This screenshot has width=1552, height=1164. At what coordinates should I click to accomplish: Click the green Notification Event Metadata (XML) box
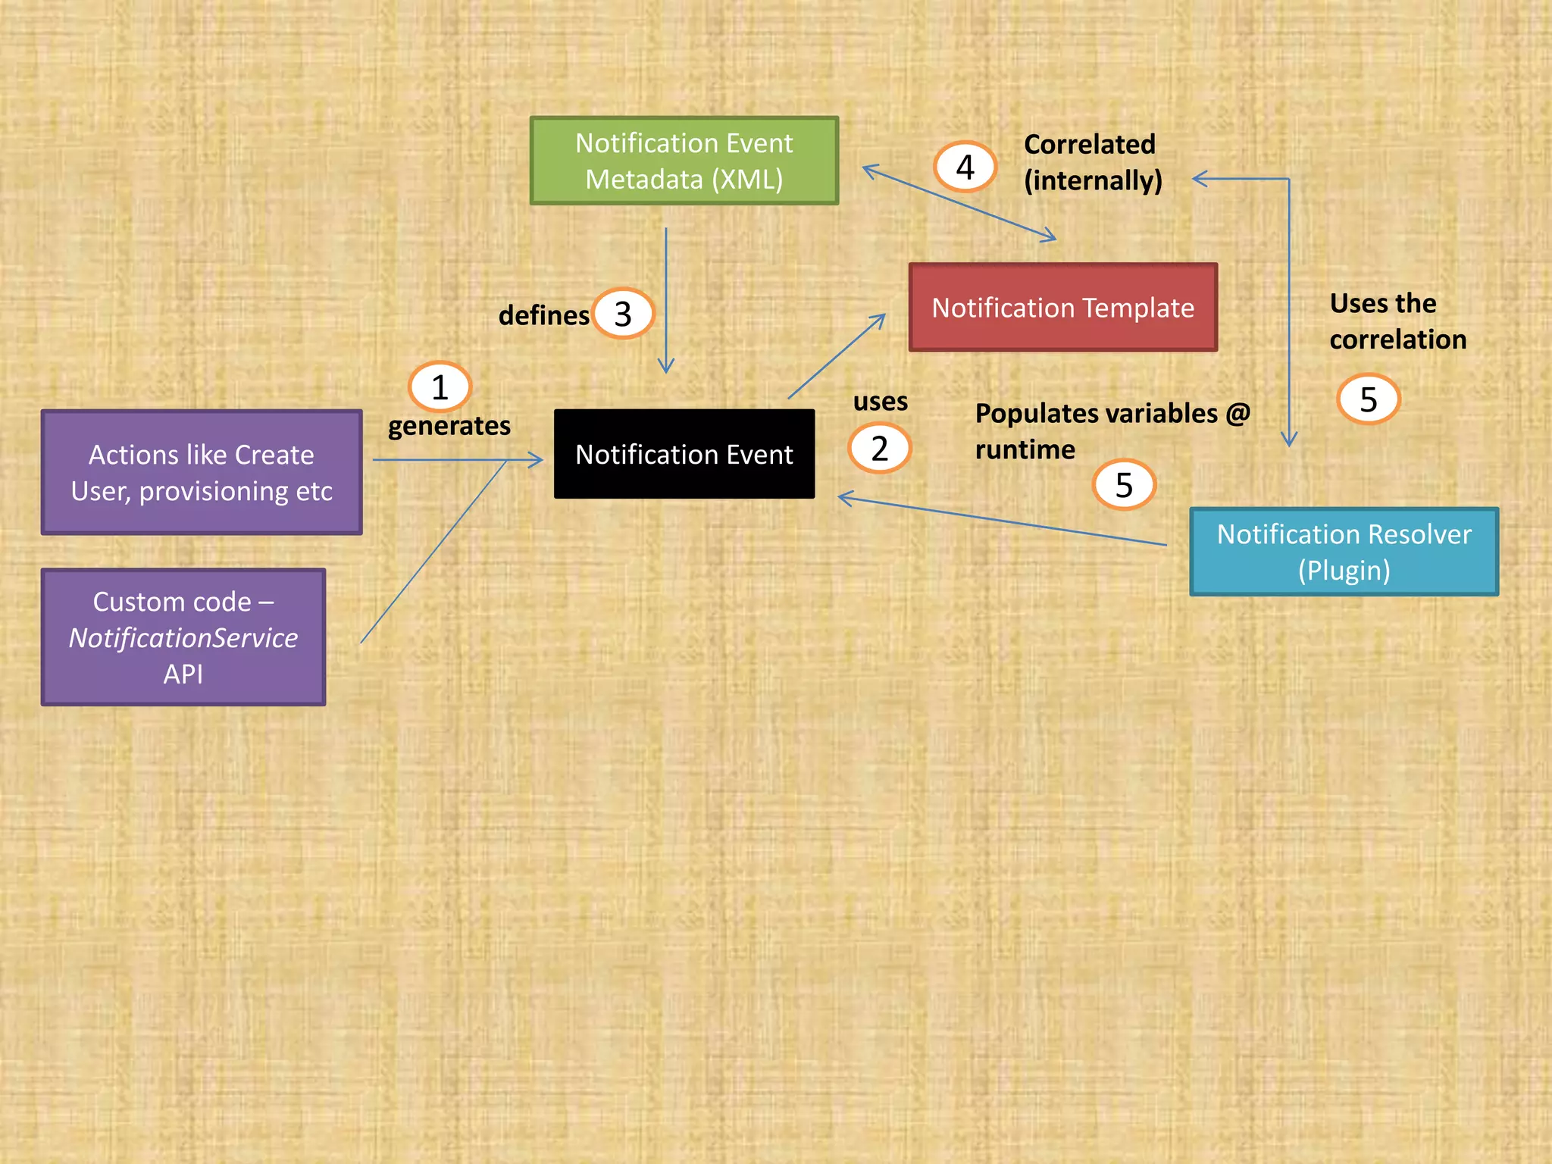684,161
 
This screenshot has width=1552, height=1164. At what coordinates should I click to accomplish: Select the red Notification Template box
1062,308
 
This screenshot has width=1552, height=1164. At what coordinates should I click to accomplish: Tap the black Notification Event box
684,454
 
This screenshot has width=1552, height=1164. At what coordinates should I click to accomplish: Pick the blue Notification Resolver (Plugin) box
1344,552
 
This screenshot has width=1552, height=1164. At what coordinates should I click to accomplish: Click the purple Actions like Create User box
202,473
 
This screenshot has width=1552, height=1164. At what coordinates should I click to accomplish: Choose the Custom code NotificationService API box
183,637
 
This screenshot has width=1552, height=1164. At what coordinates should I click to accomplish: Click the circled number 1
440,387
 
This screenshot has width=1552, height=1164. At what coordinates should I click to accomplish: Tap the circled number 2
879,449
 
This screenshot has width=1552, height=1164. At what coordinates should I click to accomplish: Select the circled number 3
623,314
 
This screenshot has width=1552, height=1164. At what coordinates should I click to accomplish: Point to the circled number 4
965,167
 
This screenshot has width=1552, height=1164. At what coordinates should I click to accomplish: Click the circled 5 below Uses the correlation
1368,399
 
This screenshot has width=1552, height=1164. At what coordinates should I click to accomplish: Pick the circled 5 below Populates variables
1124,485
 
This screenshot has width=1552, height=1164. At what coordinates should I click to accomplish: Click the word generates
449,426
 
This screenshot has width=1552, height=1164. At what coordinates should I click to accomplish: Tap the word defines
543,315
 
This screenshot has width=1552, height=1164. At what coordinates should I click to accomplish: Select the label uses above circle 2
880,401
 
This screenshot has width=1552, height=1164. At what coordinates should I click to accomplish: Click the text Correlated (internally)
1092,162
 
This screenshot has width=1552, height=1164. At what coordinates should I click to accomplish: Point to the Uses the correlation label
1397,321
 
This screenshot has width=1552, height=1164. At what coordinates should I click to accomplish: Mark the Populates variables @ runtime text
1111,430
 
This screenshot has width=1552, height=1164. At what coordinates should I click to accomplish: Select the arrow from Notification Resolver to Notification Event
1000,521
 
